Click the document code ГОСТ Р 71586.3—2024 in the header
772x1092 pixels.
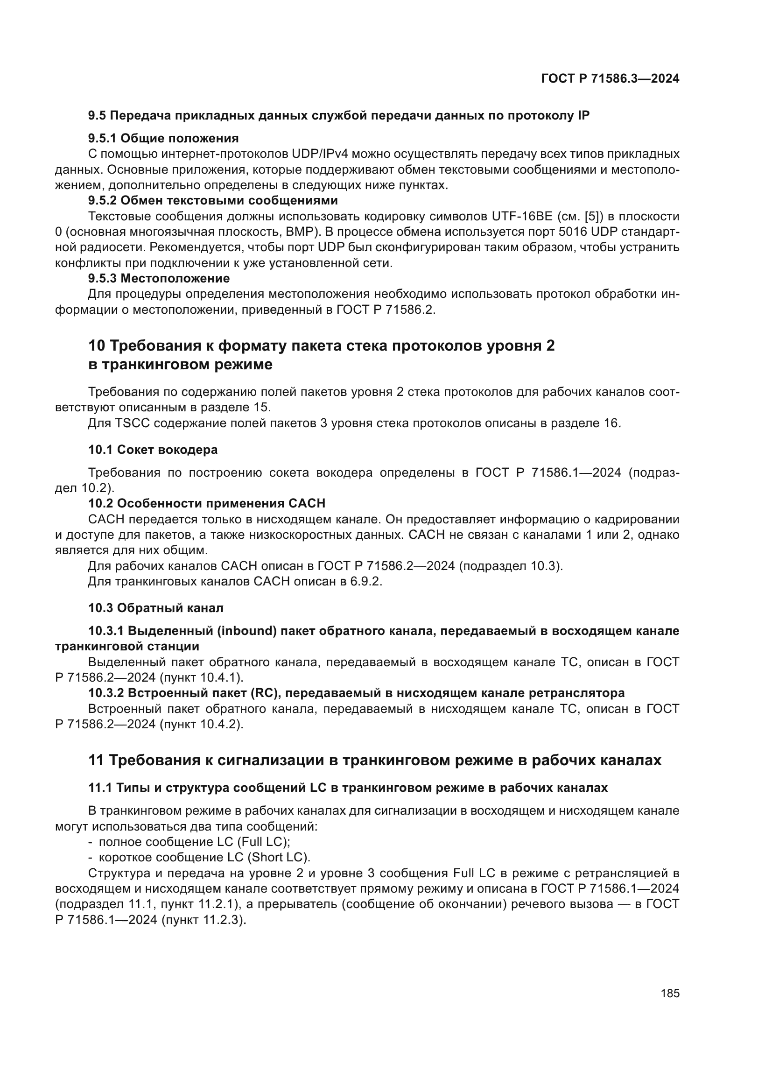tap(610, 79)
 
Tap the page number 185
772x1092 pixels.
tap(670, 993)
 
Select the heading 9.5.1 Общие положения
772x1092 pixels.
tap(163, 138)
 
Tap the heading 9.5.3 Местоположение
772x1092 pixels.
tap(159, 278)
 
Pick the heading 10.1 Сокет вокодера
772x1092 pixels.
tap(153, 450)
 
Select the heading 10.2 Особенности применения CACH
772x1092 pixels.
tap(206, 503)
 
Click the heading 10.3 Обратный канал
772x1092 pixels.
tap(155, 608)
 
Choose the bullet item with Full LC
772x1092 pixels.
tap(194, 842)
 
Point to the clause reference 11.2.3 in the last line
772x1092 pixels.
tap(224, 920)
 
